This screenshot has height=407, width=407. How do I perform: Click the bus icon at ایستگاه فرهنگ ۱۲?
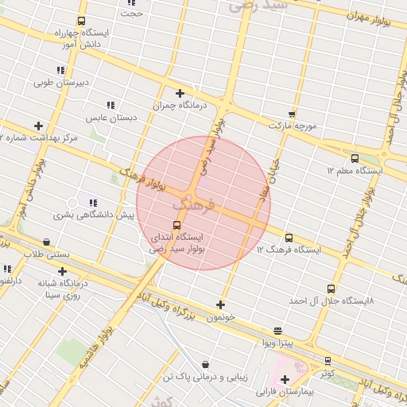point(289,238)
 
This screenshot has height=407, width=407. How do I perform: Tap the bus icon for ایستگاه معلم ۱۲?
point(355,158)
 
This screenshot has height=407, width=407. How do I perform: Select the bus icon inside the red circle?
point(176,225)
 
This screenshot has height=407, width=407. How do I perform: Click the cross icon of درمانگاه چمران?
point(180,93)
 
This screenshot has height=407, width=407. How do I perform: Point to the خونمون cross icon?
point(220,304)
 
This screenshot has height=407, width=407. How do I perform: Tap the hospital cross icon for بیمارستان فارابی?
point(285,379)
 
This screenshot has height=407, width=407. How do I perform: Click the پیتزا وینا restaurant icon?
point(277,331)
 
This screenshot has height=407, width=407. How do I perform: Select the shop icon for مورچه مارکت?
point(293,114)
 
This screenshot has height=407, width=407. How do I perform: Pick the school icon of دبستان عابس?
point(110,105)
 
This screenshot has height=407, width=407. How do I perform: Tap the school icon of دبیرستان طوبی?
point(60,70)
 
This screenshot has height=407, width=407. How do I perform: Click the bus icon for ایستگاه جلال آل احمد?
point(331,289)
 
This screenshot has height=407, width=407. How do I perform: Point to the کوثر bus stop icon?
point(328,361)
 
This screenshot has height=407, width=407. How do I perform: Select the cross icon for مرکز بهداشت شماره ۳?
point(38,126)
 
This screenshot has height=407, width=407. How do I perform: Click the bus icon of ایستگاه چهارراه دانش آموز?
point(80,21)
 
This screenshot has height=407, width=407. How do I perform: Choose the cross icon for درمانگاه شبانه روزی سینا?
point(62,272)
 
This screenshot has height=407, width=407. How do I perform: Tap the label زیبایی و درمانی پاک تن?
point(207,377)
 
